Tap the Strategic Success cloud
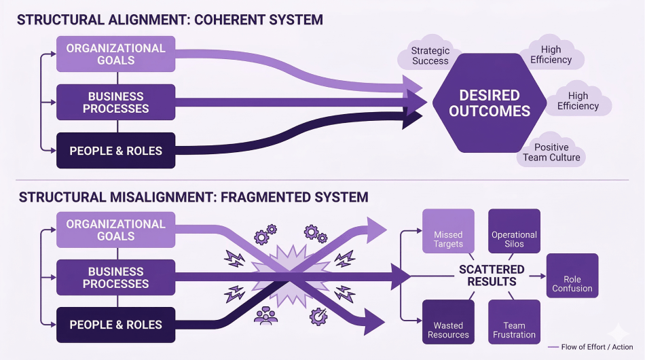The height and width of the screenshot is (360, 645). pos(430,55)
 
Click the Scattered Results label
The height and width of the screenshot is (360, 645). pos(492,275)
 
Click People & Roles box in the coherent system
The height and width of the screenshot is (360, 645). pos(115,150)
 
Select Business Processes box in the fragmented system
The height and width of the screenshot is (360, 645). pos(115,277)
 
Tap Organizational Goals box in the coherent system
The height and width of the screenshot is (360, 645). pos(115,54)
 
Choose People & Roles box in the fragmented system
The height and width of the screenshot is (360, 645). pos(115,325)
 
